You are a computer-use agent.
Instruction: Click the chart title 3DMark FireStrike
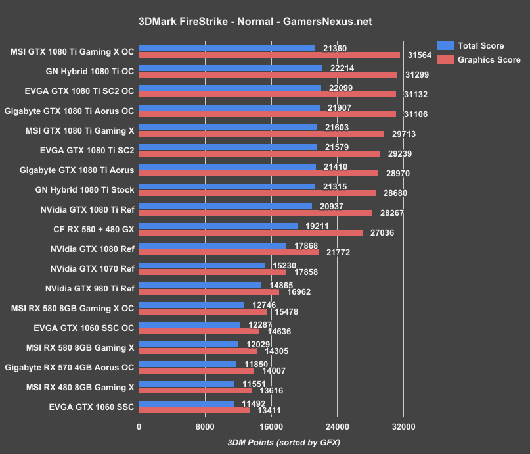coord(255,22)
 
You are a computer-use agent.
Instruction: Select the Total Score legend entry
coord(480,46)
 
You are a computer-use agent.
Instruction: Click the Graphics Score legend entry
coord(488,60)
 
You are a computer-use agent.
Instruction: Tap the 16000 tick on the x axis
coord(271,427)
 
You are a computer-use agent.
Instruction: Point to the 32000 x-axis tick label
coord(403,427)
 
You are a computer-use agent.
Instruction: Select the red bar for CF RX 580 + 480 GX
coord(250,232)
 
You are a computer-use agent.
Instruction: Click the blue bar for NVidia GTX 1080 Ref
coord(213,245)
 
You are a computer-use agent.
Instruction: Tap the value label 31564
coord(418,55)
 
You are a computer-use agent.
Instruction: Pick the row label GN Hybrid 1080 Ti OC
coord(82,71)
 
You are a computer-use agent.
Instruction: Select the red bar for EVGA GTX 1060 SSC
coord(194,410)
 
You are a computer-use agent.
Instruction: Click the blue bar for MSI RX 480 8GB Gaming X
coord(187,384)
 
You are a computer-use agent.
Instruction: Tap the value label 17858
coord(305,272)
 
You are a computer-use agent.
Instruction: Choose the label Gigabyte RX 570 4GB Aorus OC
coord(69,367)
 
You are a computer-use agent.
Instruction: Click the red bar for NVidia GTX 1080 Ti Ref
coord(255,213)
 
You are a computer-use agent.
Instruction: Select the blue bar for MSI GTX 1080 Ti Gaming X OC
coord(227,48)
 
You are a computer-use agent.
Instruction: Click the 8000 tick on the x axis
coord(205,427)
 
